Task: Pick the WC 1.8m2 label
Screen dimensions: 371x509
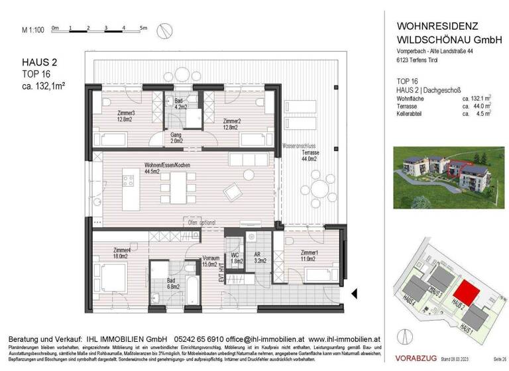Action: (x=235, y=257)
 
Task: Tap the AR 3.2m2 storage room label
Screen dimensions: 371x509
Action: (x=259, y=257)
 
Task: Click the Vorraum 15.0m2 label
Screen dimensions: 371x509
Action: (x=211, y=262)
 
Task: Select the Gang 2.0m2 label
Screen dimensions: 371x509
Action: (x=176, y=138)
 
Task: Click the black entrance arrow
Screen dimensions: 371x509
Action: (x=355, y=293)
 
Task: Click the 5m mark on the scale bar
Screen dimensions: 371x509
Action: (x=143, y=28)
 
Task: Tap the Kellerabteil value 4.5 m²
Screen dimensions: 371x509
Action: (x=481, y=113)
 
